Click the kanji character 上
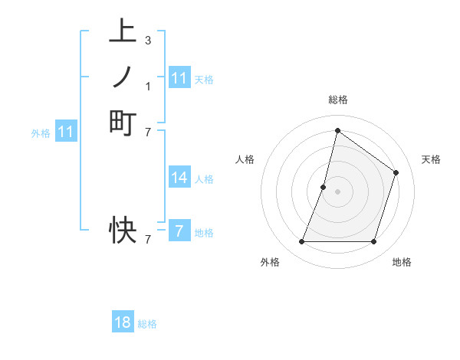123,32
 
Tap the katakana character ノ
123,77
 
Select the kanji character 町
123,122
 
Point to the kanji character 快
123,229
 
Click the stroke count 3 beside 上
147,40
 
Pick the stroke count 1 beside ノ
147,86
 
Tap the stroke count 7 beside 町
147,132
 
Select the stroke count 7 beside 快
147,239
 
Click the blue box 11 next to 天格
179,78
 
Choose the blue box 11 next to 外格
66,132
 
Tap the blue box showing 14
179,178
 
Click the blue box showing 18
123,322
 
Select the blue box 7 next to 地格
179,231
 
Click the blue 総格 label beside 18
147,324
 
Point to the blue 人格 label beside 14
204,179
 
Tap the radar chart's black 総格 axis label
337,100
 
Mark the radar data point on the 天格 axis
396,172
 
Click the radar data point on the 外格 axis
301,242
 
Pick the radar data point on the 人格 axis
324,187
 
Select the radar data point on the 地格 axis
373,242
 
